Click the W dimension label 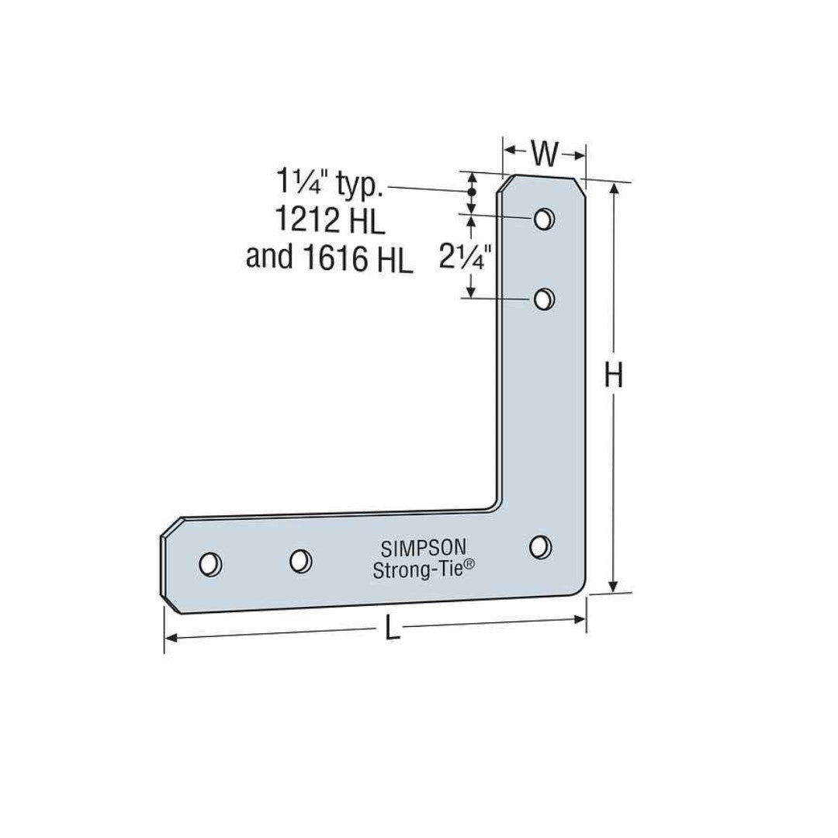tap(545, 154)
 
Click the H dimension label tap(614, 378)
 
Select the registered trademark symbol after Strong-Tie tap(469, 568)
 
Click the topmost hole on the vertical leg tap(545, 218)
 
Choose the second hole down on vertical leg tap(545, 298)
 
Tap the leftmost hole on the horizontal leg tap(209, 564)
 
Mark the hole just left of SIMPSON tap(300, 559)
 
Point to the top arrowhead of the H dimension tap(615, 189)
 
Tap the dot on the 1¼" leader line tap(470, 190)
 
